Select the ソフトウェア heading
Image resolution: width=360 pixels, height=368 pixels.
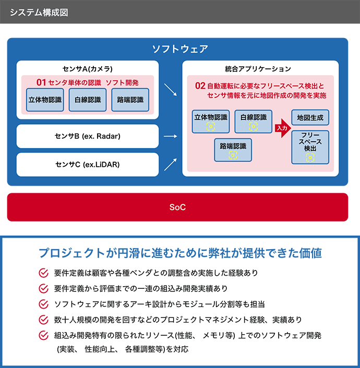(x=179, y=50)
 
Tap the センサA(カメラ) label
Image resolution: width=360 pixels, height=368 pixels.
(x=87, y=68)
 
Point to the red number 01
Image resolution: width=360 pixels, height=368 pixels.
(x=41, y=82)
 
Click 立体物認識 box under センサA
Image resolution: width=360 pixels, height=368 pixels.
(x=44, y=100)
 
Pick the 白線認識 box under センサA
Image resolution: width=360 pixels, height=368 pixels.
(x=88, y=100)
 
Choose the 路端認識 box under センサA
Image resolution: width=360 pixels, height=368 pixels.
(x=130, y=100)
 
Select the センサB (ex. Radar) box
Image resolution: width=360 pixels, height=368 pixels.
(x=87, y=136)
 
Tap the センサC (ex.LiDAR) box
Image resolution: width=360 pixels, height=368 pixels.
(x=87, y=165)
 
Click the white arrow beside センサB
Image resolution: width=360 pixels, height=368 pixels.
(x=170, y=136)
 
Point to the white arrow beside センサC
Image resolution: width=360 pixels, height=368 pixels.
(x=170, y=165)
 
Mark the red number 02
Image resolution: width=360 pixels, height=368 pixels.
(x=200, y=85)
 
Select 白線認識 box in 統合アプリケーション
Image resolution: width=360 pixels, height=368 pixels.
(x=253, y=121)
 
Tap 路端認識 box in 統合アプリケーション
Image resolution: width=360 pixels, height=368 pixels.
(x=233, y=150)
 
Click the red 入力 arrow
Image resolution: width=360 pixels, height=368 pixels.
(x=282, y=127)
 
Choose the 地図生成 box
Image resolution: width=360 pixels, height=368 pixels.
(x=310, y=118)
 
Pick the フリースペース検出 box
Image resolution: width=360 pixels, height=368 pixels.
(x=310, y=146)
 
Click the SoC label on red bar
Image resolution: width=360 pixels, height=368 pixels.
(x=177, y=207)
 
